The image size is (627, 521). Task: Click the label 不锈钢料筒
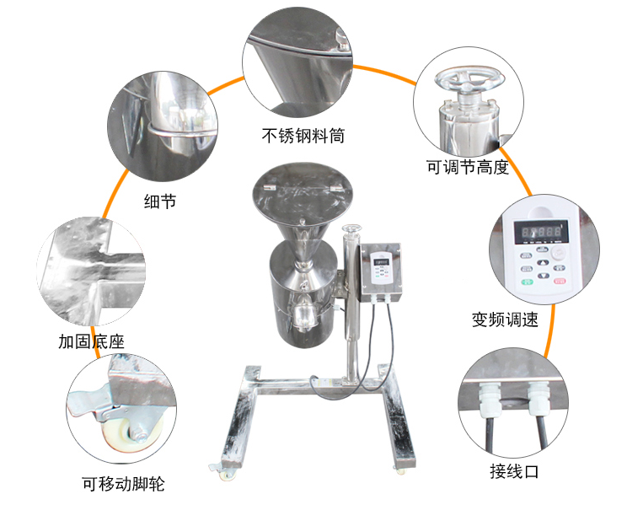303,136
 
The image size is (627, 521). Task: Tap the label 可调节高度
468,167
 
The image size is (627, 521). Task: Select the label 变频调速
505,320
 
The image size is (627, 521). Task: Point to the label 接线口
514,471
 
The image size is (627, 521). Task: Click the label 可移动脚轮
124,484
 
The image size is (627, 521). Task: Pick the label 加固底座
92,341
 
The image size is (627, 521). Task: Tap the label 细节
160,201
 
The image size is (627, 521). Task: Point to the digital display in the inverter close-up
541,232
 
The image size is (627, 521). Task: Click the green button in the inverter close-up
528,282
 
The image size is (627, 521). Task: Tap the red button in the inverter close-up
560,281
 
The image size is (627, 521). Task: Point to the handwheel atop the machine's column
351,228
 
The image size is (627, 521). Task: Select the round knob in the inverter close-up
558,253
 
